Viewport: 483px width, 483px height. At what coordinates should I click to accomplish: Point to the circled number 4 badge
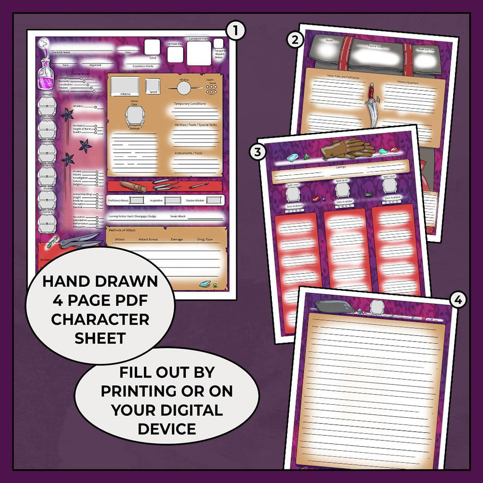click(458, 300)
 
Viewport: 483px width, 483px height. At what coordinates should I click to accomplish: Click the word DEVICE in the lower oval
click(167, 428)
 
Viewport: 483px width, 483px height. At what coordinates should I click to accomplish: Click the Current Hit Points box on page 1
click(199, 53)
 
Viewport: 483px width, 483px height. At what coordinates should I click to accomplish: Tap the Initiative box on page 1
click(125, 85)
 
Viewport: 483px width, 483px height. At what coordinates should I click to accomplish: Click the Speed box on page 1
click(153, 85)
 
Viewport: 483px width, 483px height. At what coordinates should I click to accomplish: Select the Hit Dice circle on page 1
click(184, 88)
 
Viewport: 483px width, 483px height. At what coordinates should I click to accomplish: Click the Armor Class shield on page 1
click(134, 116)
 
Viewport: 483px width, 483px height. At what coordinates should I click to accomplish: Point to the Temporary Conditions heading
click(189, 104)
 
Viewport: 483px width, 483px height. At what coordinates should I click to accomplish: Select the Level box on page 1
click(152, 47)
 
